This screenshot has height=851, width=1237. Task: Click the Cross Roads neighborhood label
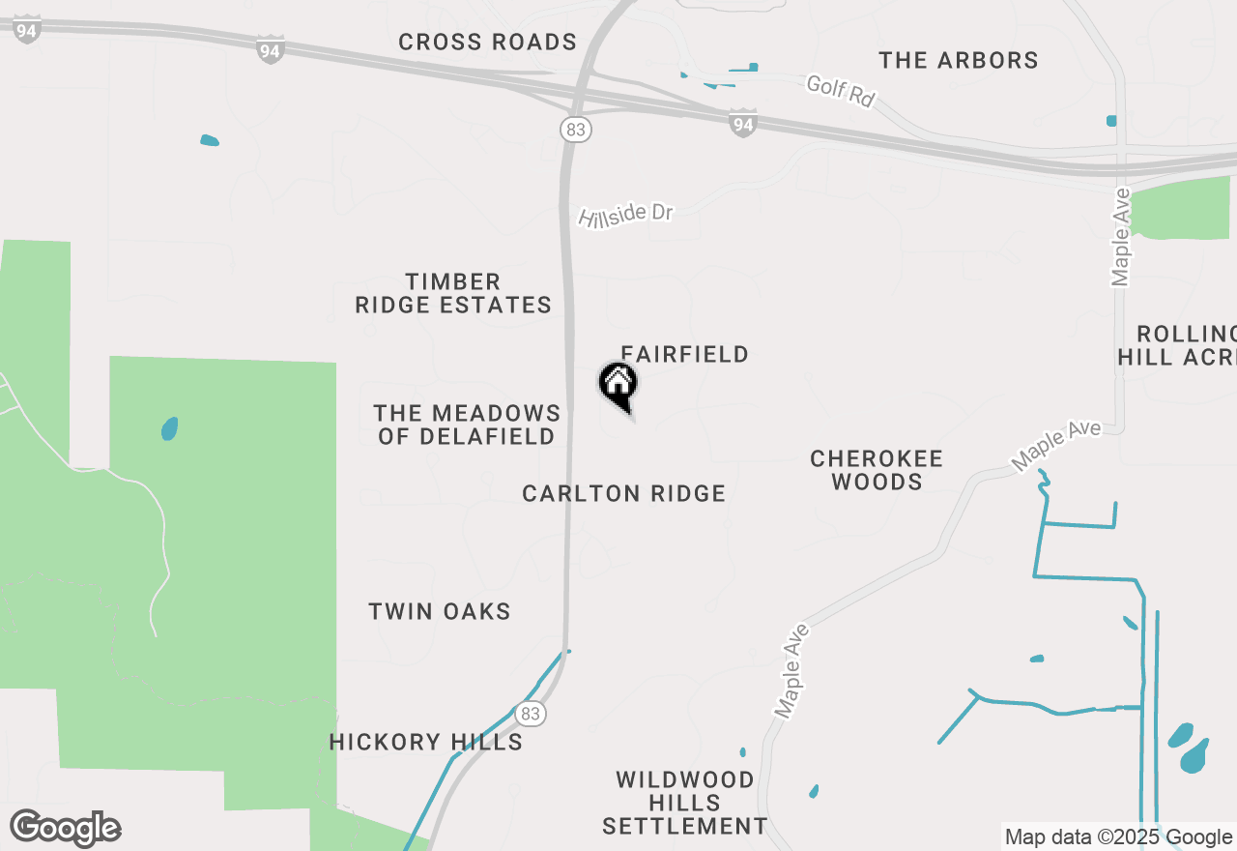click(x=487, y=43)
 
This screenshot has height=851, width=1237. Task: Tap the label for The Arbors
click(x=958, y=60)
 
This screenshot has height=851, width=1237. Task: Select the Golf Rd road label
click(x=840, y=90)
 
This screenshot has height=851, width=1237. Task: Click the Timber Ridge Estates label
click(x=453, y=293)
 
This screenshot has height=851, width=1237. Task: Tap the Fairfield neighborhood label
click(x=684, y=355)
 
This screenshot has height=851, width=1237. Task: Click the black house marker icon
click(x=618, y=384)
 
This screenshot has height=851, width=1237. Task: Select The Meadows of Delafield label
click(x=468, y=425)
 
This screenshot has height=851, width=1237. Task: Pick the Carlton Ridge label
click(x=623, y=494)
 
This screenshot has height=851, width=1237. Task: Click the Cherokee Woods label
click(x=876, y=469)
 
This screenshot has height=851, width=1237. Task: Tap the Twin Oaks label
click(x=440, y=611)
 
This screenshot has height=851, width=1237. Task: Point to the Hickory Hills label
click(x=425, y=742)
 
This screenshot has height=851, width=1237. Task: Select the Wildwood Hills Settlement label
click(x=685, y=803)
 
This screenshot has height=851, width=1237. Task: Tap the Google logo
click(x=66, y=829)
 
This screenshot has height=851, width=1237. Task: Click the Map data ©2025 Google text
click(x=1118, y=836)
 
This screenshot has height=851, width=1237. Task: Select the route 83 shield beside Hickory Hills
click(x=531, y=714)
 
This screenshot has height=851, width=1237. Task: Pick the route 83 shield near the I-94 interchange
click(x=575, y=129)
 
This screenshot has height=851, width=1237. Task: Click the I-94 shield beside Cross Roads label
click(x=271, y=49)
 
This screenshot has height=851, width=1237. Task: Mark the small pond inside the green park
click(x=169, y=428)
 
